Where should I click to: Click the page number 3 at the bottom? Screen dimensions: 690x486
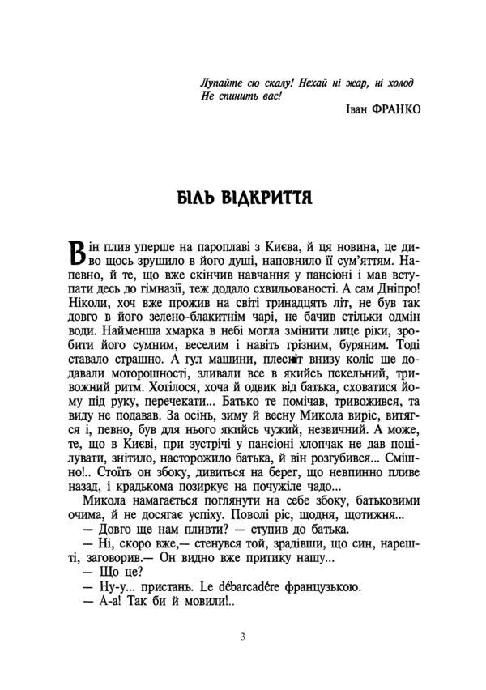tap(243, 636)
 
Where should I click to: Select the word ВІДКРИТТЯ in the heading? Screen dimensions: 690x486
tap(267, 198)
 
